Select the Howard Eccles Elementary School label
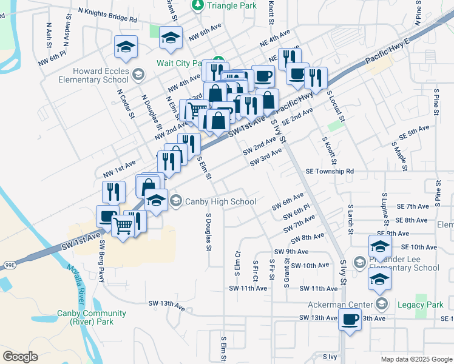[x=93, y=75]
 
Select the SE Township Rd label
[x=330, y=172]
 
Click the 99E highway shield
[x=10, y=265]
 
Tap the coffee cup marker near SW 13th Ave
[x=350, y=319]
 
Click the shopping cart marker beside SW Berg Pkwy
[x=123, y=226]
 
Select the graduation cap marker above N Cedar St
[x=126, y=47]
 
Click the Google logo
[x=20, y=357]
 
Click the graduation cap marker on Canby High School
[x=156, y=201]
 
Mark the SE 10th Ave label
[x=419, y=247]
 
